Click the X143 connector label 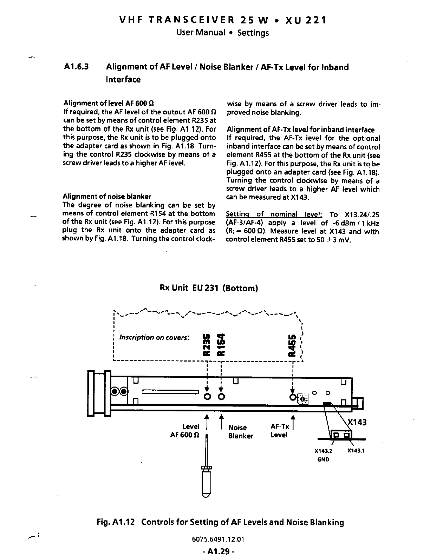pyautogui.click(x=357, y=422)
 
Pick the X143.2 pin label pyautogui.click(x=323, y=451)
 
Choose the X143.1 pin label pyautogui.click(x=356, y=451)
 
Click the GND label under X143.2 pyautogui.click(x=323, y=459)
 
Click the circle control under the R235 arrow pyautogui.click(x=207, y=397)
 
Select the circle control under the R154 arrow pyautogui.click(x=222, y=397)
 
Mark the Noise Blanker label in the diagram pyautogui.click(x=241, y=432)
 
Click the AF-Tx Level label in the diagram pyautogui.click(x=280, y=431)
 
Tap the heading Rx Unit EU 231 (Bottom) pyautogui.click(x=209, y=289)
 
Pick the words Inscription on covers pyautogui.click(x=155, y=338)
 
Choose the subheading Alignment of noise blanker pyautogui.click(x=107, y=197)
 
